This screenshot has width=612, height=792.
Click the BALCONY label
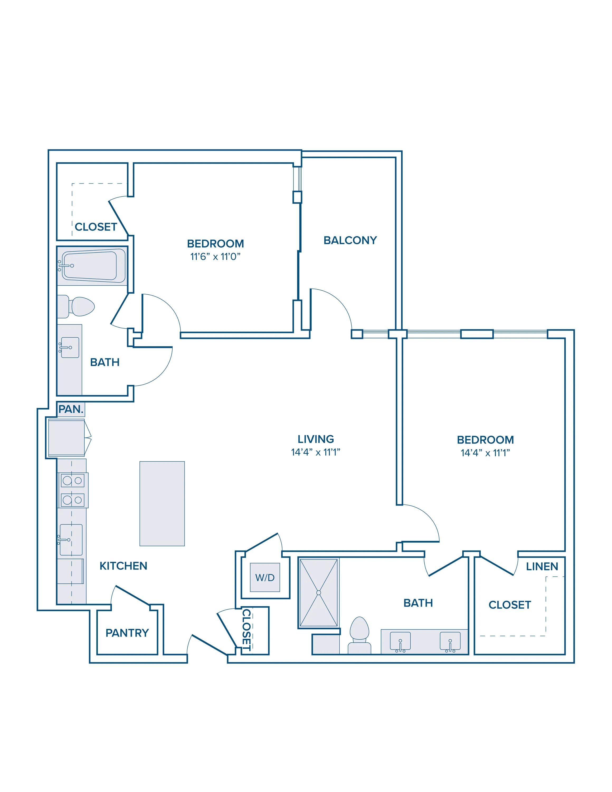[x=350, y=241]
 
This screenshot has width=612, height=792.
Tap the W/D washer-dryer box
[x=265, y=577]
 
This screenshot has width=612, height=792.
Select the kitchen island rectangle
[x=162, y=503]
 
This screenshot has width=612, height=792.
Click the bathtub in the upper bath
[x=92, y=266]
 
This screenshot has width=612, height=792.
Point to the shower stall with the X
[x=319, y=593]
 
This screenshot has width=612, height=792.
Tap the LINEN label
[x=542, y=567]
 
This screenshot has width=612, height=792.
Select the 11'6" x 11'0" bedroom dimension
[x=215, y=257]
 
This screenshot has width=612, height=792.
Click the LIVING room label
[x=316, y=439]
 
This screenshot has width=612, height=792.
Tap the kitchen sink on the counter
[x=71, y=540]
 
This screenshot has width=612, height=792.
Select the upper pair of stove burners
[x=73, y=480]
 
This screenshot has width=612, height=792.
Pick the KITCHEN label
[x=123, y=566]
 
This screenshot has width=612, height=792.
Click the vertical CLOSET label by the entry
[x=246, y=630]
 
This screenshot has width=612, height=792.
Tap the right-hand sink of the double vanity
[x=450, y=642]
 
